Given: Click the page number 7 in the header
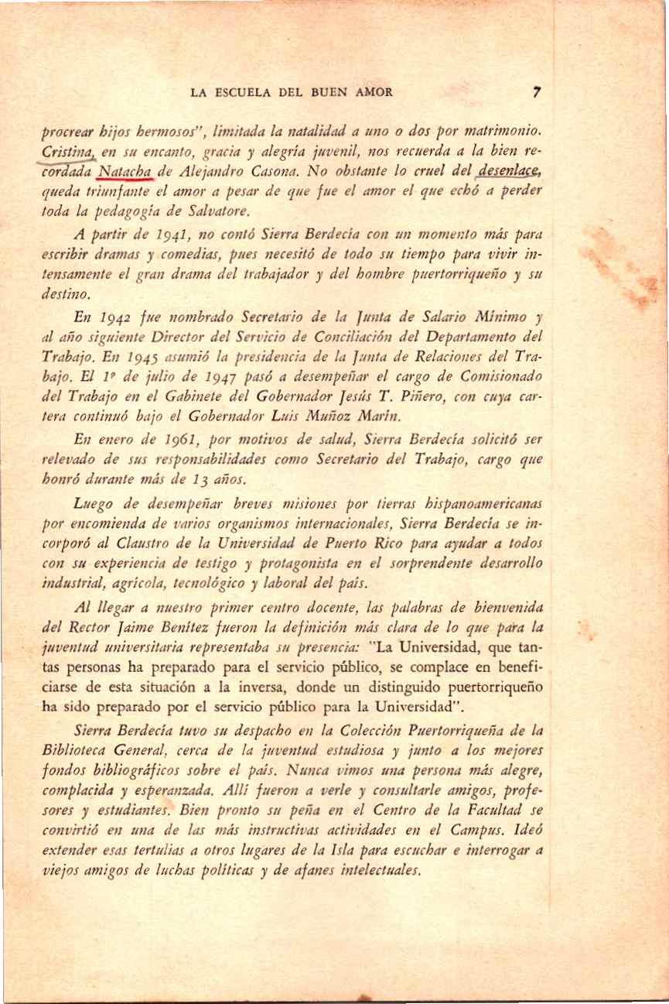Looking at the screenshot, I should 537,92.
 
